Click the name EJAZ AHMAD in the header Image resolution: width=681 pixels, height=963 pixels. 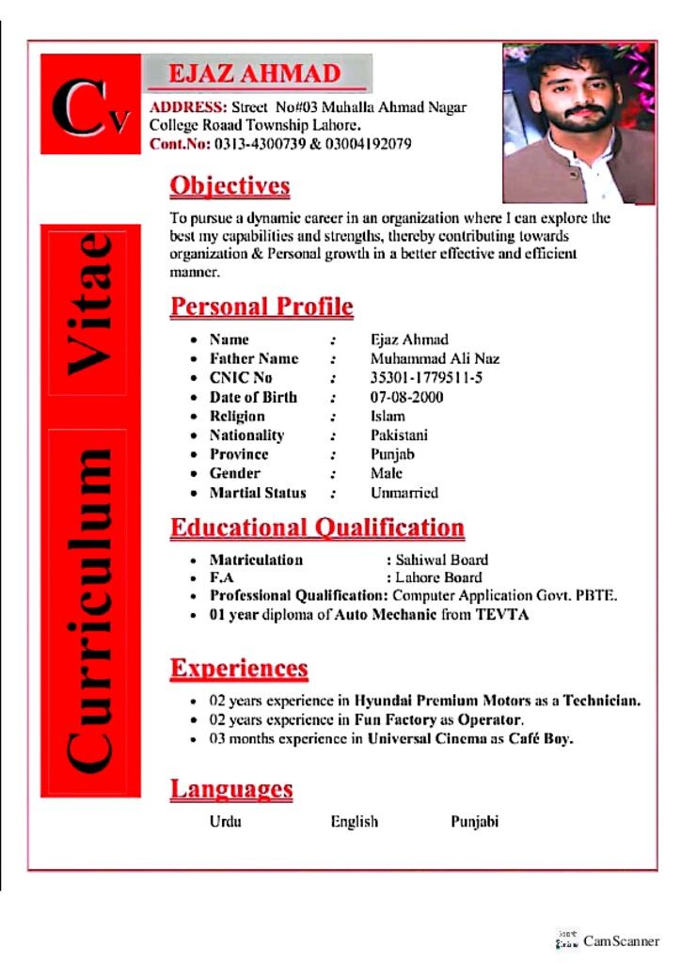pos(254,73)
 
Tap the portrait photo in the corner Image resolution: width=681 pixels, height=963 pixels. pos(578,122)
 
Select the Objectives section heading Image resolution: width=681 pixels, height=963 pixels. pos(230,185)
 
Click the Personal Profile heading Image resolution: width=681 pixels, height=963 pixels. pos(261,307)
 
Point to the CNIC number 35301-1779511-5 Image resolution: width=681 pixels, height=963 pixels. pos(427,378)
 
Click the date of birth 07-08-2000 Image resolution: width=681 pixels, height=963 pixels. pos(407,397)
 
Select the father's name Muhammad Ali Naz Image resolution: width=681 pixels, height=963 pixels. pos(435,358)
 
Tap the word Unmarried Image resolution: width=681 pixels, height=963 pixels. pos(404,493)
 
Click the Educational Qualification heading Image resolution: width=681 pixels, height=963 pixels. pos(317,527)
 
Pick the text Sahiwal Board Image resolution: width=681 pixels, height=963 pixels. pos(441,560)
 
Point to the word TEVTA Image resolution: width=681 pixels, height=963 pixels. pos(502,615)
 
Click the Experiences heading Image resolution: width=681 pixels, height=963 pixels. pos(239,669)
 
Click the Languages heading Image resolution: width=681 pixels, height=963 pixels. pos(231,789)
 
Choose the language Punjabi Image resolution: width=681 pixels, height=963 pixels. pos(474,822)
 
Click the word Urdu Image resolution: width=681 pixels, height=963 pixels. pos(226,822)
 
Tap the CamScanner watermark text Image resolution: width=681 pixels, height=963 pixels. pos(621,941)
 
